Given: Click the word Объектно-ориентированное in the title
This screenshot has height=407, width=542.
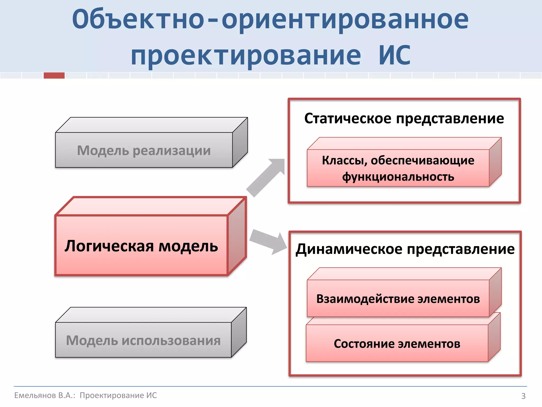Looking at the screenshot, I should (270, 20).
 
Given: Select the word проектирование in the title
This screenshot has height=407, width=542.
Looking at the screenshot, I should (246, 56).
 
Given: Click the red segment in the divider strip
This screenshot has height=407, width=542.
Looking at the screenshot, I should (54, 76).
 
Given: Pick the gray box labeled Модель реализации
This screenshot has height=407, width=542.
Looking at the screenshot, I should (144, 150).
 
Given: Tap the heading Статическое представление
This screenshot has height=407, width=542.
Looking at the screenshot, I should (404, 118).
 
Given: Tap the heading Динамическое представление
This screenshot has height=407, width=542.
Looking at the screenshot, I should (405, 249).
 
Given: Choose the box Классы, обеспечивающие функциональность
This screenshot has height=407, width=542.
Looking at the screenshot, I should (398, 168).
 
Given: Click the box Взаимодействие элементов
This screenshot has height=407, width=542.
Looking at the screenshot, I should (398, 299).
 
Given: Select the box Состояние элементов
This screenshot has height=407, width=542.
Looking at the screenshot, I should (397, 343).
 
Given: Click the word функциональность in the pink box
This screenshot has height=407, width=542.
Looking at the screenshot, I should (398, 177).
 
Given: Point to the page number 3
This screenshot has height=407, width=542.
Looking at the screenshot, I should (523, 396).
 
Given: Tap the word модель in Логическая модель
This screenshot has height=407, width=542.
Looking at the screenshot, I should (188, 246).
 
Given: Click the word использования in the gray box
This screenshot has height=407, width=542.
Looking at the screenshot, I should (171, 340).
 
